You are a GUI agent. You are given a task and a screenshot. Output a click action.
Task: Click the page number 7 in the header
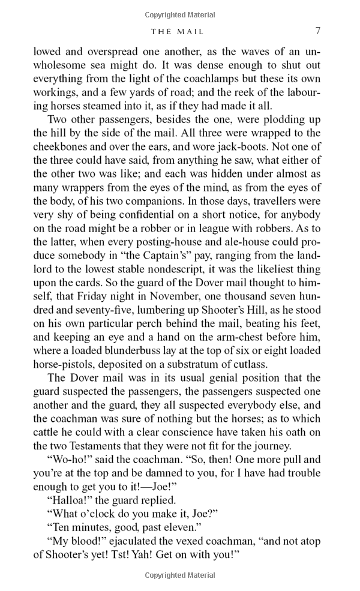coord(317,31)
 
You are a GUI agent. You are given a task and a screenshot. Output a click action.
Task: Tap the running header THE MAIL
coord(178,31)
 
